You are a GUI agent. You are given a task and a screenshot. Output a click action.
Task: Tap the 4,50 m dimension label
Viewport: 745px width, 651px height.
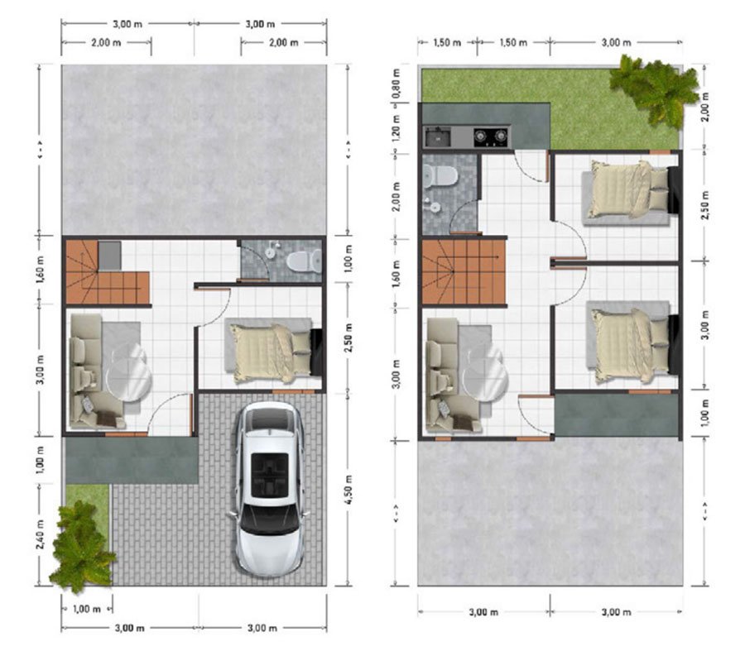348,490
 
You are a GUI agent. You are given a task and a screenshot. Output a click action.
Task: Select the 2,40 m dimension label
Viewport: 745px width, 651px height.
41,534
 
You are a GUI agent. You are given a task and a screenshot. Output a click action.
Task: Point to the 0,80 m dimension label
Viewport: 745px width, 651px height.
396,84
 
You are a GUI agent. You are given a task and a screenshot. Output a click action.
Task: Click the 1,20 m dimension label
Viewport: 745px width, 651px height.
396,127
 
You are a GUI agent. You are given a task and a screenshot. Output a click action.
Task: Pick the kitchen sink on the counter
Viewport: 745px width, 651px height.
438,136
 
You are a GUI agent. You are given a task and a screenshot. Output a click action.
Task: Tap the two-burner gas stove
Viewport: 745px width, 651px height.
491,136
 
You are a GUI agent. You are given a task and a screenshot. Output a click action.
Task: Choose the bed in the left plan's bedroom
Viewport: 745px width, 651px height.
271,352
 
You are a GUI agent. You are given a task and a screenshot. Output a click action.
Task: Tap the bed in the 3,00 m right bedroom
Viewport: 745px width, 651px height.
632,344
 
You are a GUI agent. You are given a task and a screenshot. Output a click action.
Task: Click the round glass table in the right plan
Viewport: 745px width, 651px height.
484,374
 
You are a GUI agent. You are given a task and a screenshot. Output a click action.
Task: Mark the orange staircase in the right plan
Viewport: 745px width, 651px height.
464,271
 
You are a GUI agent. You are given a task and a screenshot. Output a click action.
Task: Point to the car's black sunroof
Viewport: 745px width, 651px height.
270,475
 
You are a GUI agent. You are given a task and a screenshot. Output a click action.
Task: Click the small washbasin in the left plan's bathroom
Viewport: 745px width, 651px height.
271,253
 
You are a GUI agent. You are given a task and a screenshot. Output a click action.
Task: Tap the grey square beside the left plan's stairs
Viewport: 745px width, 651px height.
109,256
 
